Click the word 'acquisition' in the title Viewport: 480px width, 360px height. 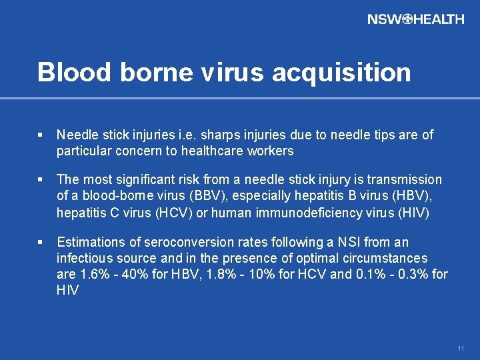[x=341, y=72]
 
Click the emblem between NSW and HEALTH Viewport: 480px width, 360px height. [x=407, y=19]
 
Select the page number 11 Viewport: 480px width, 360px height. [x=461, y=349]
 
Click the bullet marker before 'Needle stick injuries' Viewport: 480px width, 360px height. [x=41, y=135]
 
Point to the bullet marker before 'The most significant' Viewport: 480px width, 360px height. [x=41, y=180]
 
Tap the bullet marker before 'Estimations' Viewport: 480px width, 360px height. [x=41, y=242]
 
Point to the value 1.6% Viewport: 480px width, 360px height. [x=91, y=274]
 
